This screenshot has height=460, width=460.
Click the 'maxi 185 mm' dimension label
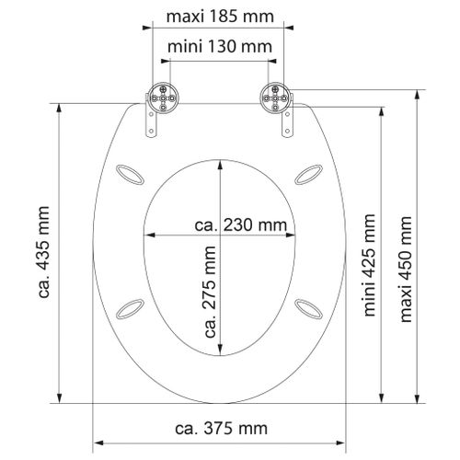[219, 17]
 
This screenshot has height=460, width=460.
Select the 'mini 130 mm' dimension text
[218, 45]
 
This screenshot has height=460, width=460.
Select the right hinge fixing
[273, 95]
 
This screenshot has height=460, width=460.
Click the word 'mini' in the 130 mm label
[187, 45]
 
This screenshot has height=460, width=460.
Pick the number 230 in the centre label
[242, 224]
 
